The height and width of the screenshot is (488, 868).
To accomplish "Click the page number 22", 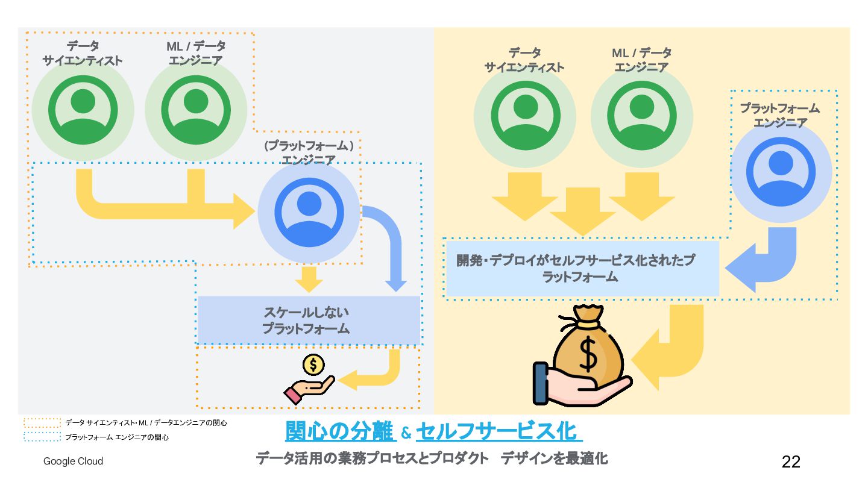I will [791, 461].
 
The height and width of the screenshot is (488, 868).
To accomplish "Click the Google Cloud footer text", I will [73, 461].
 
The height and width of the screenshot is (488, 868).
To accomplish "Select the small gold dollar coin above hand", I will [313, 364].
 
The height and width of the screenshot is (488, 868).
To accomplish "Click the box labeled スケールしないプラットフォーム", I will [308, 320].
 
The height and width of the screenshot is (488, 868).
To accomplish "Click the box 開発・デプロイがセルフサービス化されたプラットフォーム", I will [581, 269].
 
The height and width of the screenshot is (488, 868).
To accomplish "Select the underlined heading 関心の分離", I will [339, 431].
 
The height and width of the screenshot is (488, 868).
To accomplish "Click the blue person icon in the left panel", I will [309, 211].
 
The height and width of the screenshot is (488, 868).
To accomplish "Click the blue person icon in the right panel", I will [781, 171].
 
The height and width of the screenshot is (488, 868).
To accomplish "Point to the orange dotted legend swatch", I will [42, 423].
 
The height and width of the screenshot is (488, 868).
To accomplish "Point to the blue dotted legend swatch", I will [42, 437].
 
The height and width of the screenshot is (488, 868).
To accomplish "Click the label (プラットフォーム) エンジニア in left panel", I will [309, 152].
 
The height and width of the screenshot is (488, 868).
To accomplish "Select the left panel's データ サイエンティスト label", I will [83, 53].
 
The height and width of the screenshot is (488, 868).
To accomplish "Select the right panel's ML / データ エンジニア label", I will [641, 60].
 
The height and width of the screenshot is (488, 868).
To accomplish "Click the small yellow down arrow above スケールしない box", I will [309, 278].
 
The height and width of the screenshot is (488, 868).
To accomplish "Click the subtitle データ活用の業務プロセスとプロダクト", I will [372, 459].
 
